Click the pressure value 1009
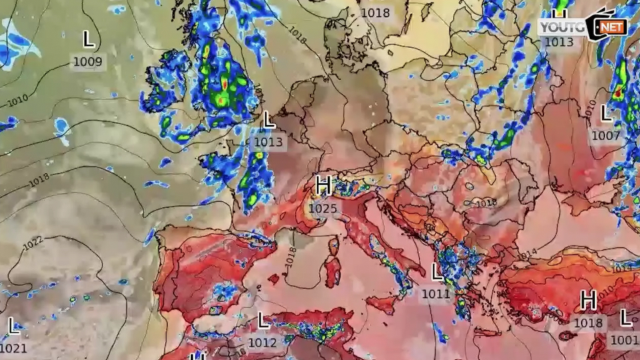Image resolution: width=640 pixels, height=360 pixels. [88, 62]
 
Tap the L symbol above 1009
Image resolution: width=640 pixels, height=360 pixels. [89, 40]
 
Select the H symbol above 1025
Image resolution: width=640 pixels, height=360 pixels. [323, 185]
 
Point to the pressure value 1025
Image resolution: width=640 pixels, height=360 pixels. [323, 208]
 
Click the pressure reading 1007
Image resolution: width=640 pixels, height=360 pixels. [606, 135]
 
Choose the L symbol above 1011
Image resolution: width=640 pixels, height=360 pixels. [437, 272]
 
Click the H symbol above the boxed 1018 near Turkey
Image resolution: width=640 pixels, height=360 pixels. [589, 300]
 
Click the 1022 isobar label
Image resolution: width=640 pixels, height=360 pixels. [33, 242]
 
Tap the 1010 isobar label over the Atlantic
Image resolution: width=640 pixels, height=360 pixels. [17, 102]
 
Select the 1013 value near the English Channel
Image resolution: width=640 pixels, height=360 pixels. [268, 142]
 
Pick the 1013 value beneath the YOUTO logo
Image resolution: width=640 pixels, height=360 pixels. [559, 42]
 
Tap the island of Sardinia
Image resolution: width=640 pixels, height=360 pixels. [332, 268]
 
